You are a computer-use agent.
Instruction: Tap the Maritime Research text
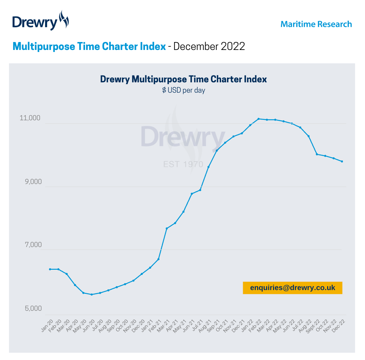pos(316,24)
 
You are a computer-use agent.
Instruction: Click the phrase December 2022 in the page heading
pos(209,46)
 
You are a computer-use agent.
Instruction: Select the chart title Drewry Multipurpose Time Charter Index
pos(183,79)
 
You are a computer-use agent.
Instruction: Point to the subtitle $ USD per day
pos(184,91)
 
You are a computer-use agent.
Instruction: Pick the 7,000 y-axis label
pos(31,245)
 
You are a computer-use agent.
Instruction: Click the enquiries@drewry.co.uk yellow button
pos(292,288)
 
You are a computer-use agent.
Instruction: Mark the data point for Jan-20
pos(50,269)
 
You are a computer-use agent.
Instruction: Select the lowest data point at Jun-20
pos(92,295)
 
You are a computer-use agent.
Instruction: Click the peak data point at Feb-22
pos(259,119)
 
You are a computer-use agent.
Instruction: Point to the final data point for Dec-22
pos(342,161)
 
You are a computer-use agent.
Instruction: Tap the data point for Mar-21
pos(167,228)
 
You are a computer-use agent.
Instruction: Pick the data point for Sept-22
pos(317,154)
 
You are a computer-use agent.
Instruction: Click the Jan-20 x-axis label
pos(47,326)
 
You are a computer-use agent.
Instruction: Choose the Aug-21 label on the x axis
pos(206,326)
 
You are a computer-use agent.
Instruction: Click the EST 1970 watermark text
pos(183,164)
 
